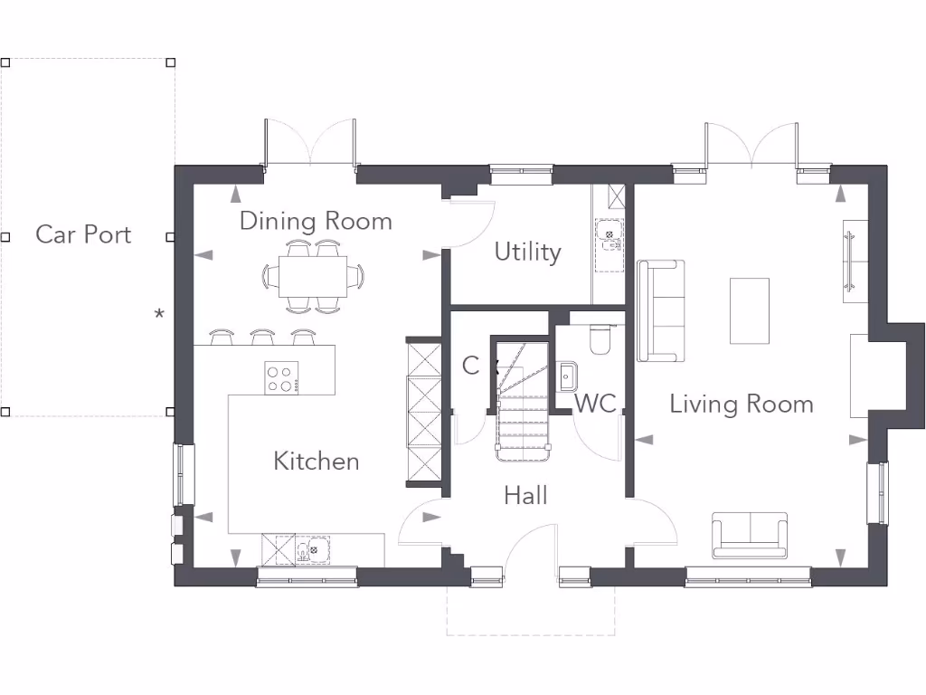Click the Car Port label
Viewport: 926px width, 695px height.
tap(83, 234)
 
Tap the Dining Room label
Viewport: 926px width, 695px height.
tap(316, 221)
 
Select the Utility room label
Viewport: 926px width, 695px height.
tap(527, 252)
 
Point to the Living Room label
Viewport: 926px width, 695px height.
tap(742, 405)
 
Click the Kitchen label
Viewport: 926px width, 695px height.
tap(317, 461)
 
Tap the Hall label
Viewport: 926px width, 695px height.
tap(525, 495)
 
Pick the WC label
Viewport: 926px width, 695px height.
tap(595, 404)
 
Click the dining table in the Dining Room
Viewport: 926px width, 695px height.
tap(313, 277)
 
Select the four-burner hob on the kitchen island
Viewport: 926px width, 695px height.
tap(281, 378)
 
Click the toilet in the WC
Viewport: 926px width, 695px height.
tap(600, 339)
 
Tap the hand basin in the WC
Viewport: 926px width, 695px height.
tap(568, 376)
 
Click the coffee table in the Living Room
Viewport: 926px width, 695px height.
tap(750, 311)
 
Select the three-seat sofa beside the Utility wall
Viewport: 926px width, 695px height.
tap(661, 311)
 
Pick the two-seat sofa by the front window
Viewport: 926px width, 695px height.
tap(750, 536)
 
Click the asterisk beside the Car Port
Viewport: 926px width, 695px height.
tap(159, 314)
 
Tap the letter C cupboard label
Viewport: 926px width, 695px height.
tap(470, 366)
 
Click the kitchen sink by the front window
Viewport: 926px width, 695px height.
tap(313, 550)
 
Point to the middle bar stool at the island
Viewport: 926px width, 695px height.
tap(262, 337)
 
